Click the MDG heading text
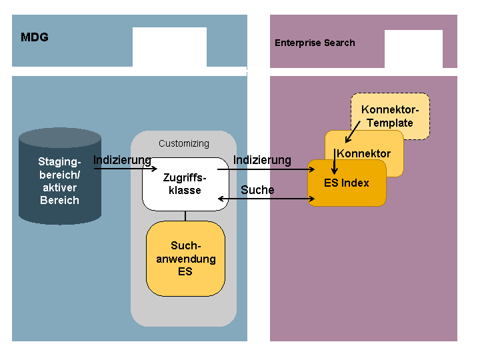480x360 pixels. point(35,37)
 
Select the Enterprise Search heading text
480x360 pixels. point(315,43)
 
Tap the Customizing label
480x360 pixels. point(184,143)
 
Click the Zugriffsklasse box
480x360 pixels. point(185,184)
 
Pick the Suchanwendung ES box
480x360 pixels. point(185,259)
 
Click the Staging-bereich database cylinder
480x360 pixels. point(60,176)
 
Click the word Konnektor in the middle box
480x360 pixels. point(364,153)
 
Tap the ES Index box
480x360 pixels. point(347,183)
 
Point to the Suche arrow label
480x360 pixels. point(257,190)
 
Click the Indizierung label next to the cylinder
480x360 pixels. point(122,160)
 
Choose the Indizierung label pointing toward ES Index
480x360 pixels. point(262,160)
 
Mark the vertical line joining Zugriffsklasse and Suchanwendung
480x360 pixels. point(185,216)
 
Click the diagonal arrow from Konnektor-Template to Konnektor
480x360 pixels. point(353,131)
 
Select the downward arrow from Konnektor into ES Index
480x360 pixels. point(335,161)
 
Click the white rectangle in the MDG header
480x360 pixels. point(169,47)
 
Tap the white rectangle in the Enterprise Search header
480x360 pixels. point(413,49)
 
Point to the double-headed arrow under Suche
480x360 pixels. point(266,199)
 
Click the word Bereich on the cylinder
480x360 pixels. point(60,200)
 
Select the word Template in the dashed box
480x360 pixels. point(390,123)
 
